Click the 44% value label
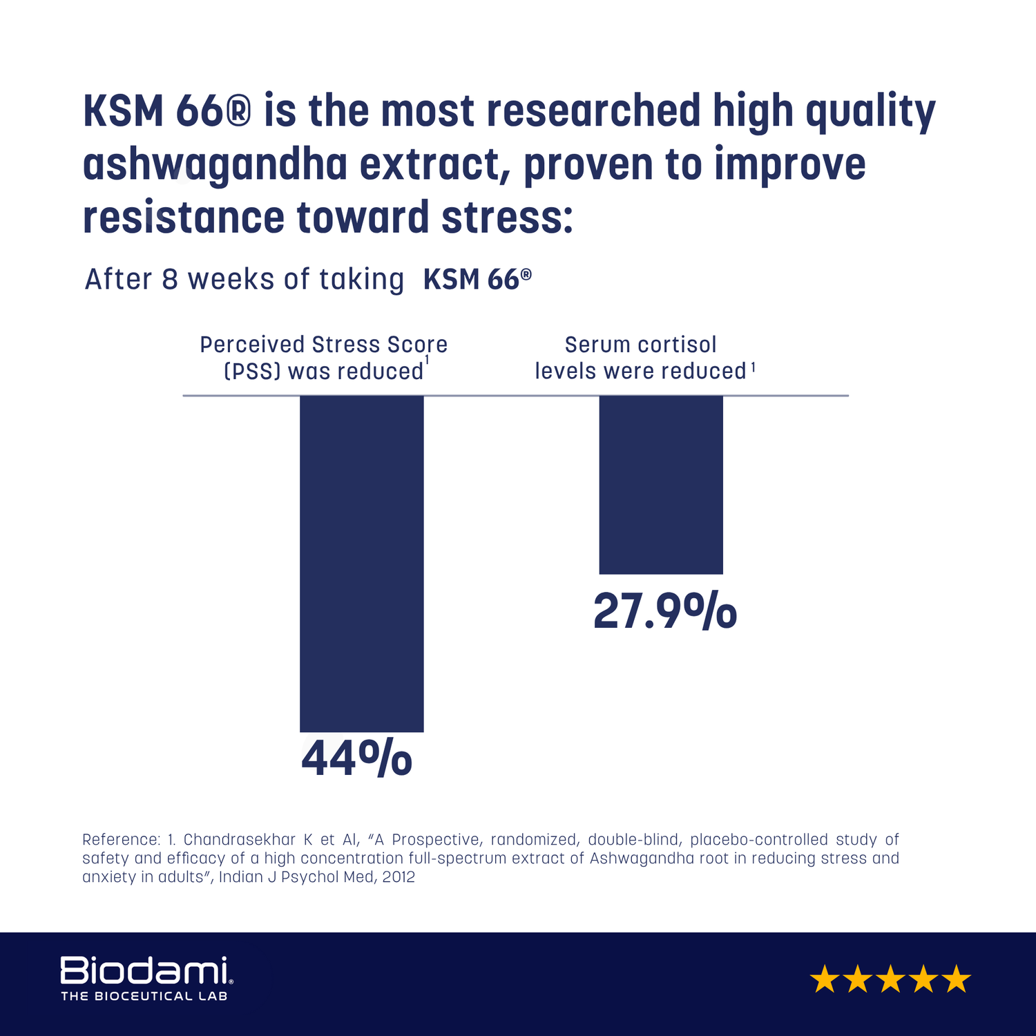pyautogui.click(x=356, y=758)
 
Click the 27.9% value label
pyautogui.click(x=664, y=612)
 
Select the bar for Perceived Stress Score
pyautogui.click(x=361, y=563)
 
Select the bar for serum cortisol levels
pyautogui.click(x=660, y=484)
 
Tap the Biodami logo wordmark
pyautogui.click(x=144, y=970)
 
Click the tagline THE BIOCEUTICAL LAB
pyautogui.click(x=144, y=996)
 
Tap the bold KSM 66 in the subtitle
pyautogui.click(x=477, y=280)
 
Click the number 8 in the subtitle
pyautogui.click(x=169, y=280)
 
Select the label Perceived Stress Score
pyautogui.click(x=323, y=345)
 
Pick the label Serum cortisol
pyautogui.click(x=641, y=345)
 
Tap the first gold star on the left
pyautogui.click(x=824, y=979)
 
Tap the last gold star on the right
pyautogui.click(x=957, y=979)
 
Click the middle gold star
pyautogui.click(x=890, y=979)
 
